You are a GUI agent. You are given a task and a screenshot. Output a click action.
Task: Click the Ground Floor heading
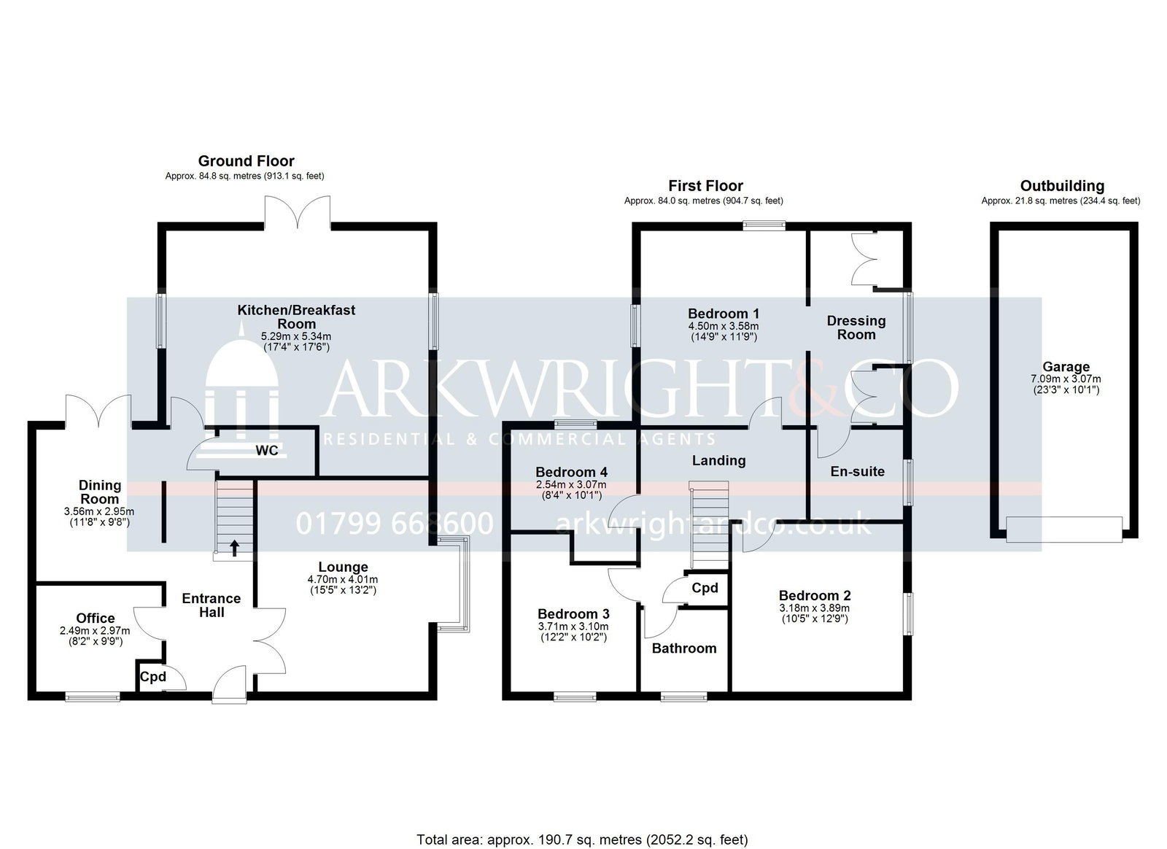(x=246, y=161)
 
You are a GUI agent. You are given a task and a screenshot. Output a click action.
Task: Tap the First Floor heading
(x=705, y=186)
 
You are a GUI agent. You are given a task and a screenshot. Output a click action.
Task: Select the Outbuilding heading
(x=1062, y=186)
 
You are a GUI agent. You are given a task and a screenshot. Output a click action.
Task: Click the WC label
(x=267, y=451)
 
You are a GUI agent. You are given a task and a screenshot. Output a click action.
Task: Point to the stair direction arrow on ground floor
(x=234, y=548)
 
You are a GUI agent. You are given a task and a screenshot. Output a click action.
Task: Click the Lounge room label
(x=344, y=567)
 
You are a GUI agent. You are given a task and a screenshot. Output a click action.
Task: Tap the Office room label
(x=96, y=619)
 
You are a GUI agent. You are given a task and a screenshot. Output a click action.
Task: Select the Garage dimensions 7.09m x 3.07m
(x=1066, y=379)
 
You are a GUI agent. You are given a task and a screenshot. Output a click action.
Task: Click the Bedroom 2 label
(x=815, y=595)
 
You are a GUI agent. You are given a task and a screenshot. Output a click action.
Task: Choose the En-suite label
(x=858, y=471)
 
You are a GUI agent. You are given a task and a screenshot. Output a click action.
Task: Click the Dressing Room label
(x=856, y=327)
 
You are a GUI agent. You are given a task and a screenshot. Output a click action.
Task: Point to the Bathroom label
(x=684, y=648)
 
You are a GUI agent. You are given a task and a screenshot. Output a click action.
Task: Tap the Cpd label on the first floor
(x=705, y=589)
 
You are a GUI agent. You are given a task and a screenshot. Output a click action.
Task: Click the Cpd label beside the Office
(x=153, y=677)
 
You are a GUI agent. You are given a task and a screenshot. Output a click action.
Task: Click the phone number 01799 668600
(x=395, y=523)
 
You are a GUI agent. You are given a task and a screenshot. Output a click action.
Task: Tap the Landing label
(x=719, y=460)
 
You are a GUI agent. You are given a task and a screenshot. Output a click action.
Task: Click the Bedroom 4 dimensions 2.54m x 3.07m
(x=572, y=485)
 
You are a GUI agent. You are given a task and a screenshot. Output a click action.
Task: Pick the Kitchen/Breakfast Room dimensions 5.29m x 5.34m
(x=296, y=336)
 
